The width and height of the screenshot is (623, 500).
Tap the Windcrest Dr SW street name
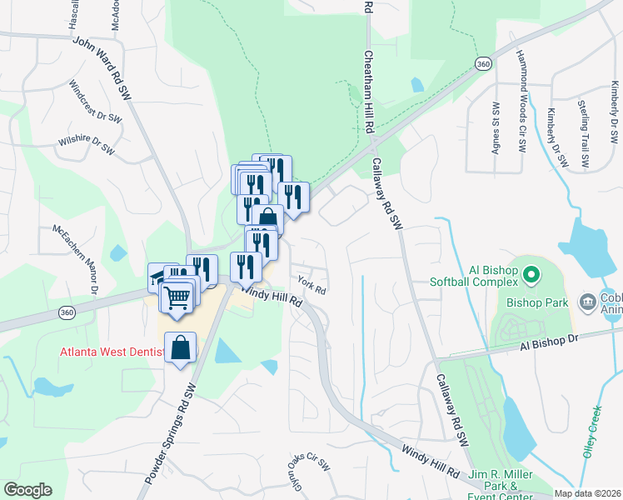pyautogui.click(x=96, y=101)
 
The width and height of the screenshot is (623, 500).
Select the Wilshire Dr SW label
pyautogui.click(x=85, y=143)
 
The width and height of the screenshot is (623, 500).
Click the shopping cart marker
pyautogui.click(x=177, y=297)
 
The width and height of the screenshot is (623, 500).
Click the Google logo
pyautogui.click(x=27, y=490)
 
